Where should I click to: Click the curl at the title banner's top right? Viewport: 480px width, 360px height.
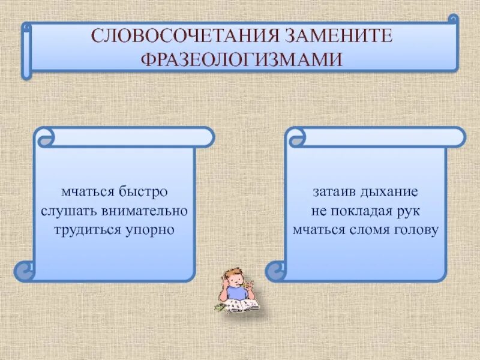(x=453, y=20)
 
